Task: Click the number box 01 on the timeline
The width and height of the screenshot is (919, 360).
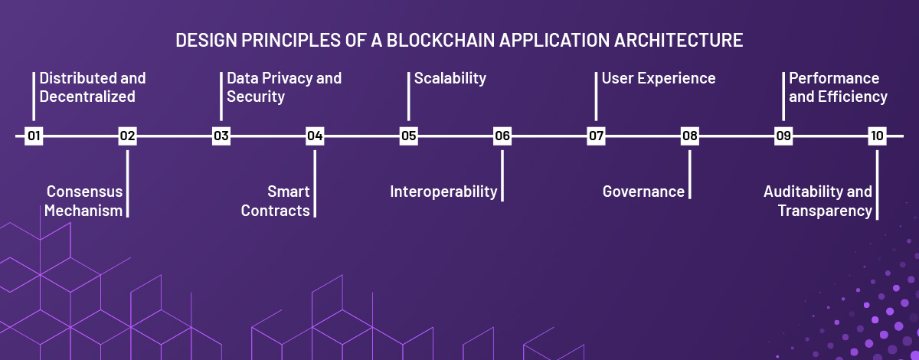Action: click(34, 136)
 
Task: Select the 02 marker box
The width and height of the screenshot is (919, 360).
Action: click(127, 136)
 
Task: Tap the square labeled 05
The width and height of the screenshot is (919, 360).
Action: click(409, 136)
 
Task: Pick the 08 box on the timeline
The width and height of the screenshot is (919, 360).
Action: click(690, 136)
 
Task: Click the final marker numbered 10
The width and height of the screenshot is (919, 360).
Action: click(877, 136)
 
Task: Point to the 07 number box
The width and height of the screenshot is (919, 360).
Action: click(596, 136)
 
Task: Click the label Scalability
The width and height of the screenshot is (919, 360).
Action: click(450, 79)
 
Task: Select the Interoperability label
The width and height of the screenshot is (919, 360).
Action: click(443, 192)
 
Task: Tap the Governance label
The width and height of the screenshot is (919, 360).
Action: click(643, 191)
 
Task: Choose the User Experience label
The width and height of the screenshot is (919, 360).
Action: click(659, 78)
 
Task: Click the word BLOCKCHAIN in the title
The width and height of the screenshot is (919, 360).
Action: click(441, 41)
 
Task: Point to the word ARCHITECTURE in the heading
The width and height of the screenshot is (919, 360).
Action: click(679, 41)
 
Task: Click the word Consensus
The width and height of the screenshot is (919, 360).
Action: click(84, 191)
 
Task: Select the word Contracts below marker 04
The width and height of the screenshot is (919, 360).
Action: click(275, 211)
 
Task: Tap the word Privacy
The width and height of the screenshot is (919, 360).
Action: click(286, 79)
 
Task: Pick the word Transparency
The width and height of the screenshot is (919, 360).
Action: click(825, 211)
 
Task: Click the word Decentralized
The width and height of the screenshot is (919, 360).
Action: click(87, 97)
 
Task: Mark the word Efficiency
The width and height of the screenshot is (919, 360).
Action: click(852, 97)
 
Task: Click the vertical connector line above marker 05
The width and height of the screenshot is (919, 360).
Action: click(409, 97)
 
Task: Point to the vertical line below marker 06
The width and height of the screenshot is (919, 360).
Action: click(502, 175)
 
